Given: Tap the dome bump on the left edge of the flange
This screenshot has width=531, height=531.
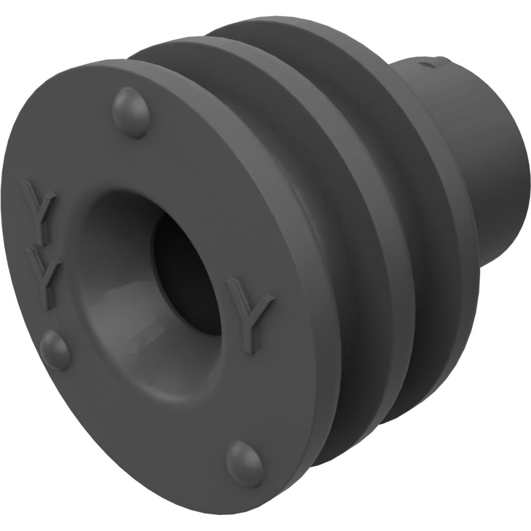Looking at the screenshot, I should coord(55,349).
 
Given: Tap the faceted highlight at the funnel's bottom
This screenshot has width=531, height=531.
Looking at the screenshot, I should coord(152,350).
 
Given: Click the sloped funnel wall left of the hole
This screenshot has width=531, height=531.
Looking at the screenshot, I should coord(112,264).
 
